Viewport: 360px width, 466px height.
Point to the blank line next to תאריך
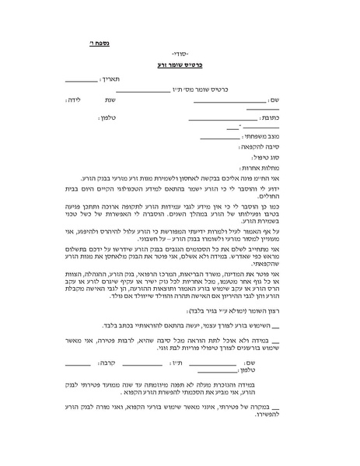tap(81, 81)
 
